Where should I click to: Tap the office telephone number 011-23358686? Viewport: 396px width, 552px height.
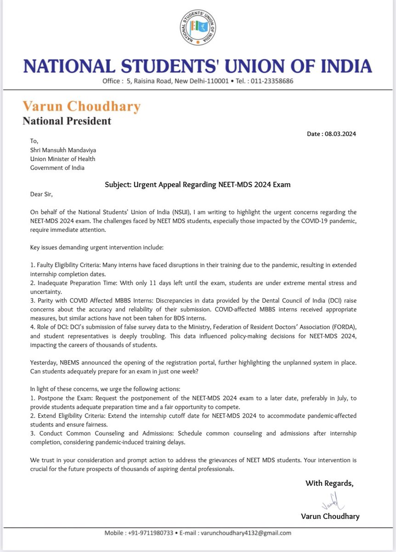pyautogui.click(x=271, y=81)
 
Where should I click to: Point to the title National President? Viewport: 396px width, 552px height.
pyautogui.click(x=67, y=121)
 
